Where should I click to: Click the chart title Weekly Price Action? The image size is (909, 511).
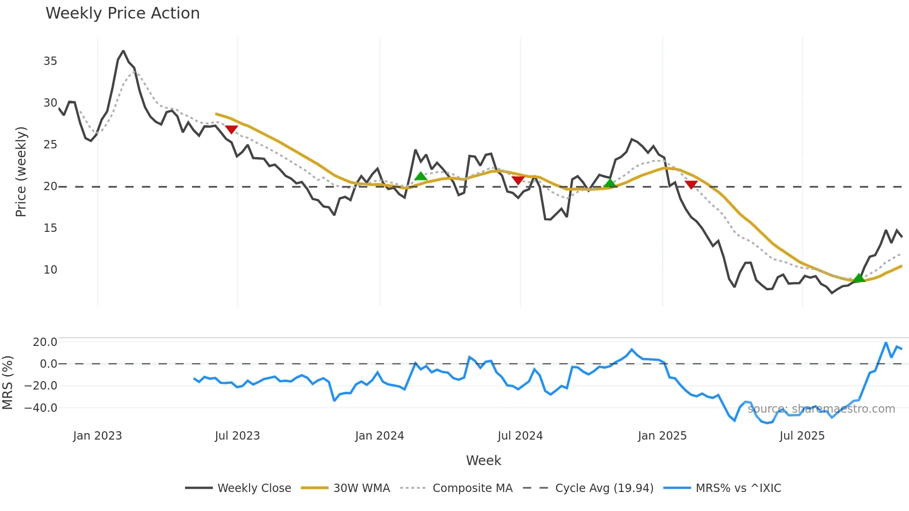point(122,13)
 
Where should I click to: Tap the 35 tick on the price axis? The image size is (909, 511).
point(50,61)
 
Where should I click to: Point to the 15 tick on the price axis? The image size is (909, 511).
point(50,228)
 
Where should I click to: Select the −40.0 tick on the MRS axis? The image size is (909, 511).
point(41,408)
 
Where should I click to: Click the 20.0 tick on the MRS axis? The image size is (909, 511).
point(45,342)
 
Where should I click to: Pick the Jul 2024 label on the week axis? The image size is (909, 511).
point(520,436)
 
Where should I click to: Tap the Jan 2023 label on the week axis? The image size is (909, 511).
point(97,436)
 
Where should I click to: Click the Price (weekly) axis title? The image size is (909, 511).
point(21,172)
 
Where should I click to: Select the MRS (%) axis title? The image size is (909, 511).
point(7,383)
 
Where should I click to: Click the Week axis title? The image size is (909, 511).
point(483,460)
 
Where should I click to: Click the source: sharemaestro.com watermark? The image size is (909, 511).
point(821,409)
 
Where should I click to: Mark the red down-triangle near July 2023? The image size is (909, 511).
point(231,130)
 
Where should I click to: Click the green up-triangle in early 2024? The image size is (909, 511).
point(421,176)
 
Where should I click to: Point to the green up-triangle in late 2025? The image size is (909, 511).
point(859,278)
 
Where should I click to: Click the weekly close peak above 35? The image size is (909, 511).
point(123,51)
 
